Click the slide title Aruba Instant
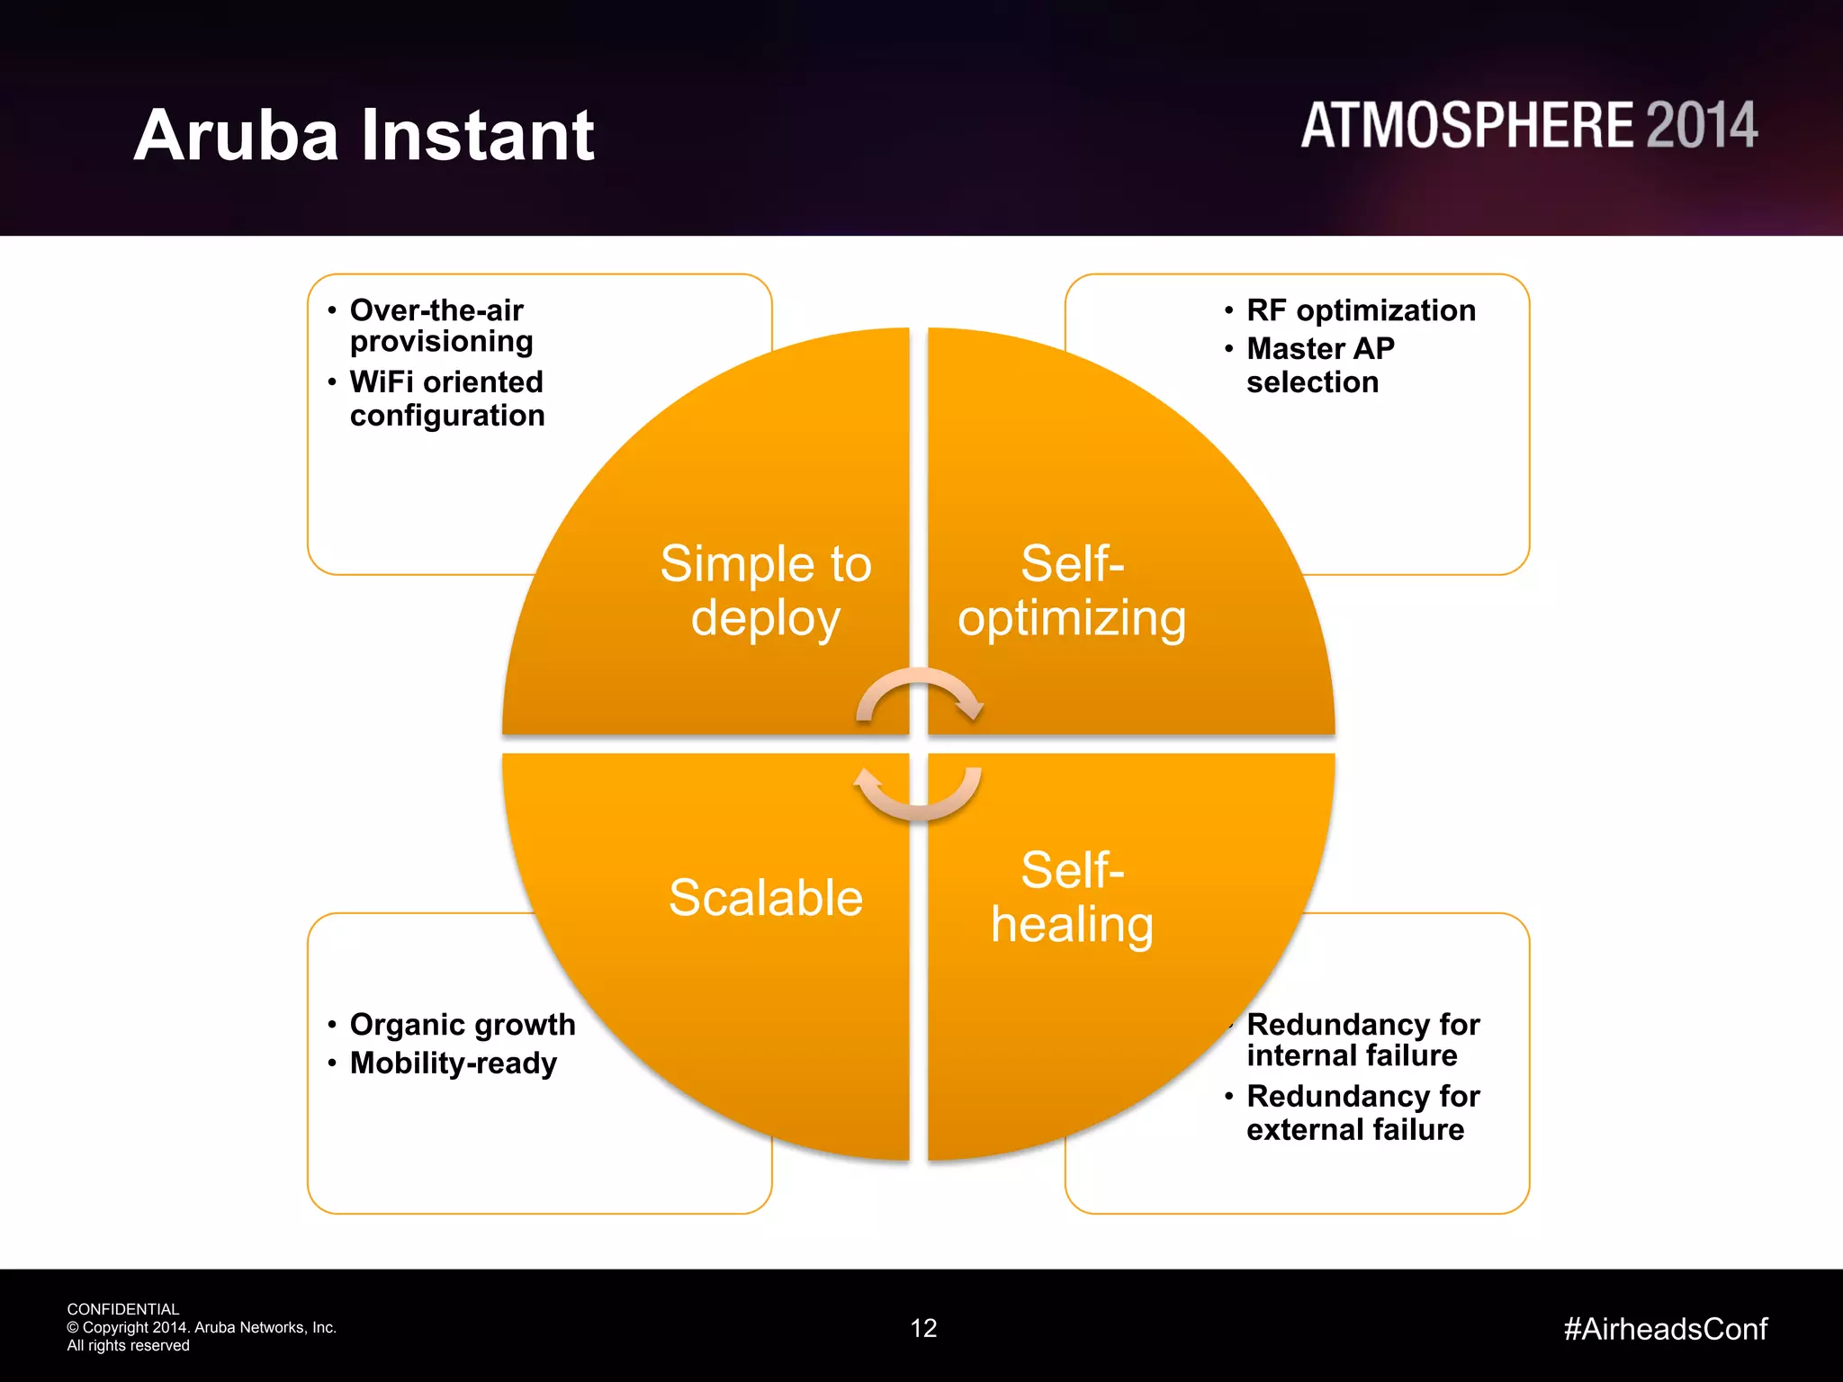(364, 135)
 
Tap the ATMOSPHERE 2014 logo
(1528, 125)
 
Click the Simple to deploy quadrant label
(766, 590)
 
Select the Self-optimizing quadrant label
(1072, 590)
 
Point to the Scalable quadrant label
(766, 897)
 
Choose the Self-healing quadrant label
(1072, 897)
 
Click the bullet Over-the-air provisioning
(440, 326)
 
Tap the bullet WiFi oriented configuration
(447, 399)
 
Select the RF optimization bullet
(1361, 310)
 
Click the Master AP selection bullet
(1320, 365)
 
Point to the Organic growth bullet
(463, 1025)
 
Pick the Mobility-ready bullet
(454, 1063)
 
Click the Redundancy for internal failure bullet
(1362, 1039)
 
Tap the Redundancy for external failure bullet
(1362, 1113)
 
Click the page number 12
(923, 1328)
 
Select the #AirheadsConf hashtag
(1665, 1329)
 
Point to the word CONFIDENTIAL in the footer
(123, 1309)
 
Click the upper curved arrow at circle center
(919, 694)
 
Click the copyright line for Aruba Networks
(202, 1327)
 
